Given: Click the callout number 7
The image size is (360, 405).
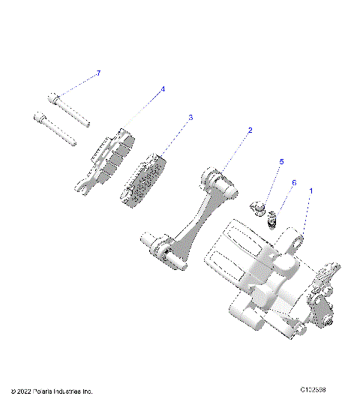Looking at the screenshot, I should (x=97, y=73).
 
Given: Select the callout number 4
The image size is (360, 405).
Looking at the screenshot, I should (x=163, y=89).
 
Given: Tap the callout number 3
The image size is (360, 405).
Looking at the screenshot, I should (x=190, y=117).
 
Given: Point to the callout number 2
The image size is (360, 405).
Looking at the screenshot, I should (x=250, y=130).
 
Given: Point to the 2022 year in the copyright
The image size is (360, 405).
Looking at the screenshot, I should (x=25, y=391).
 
